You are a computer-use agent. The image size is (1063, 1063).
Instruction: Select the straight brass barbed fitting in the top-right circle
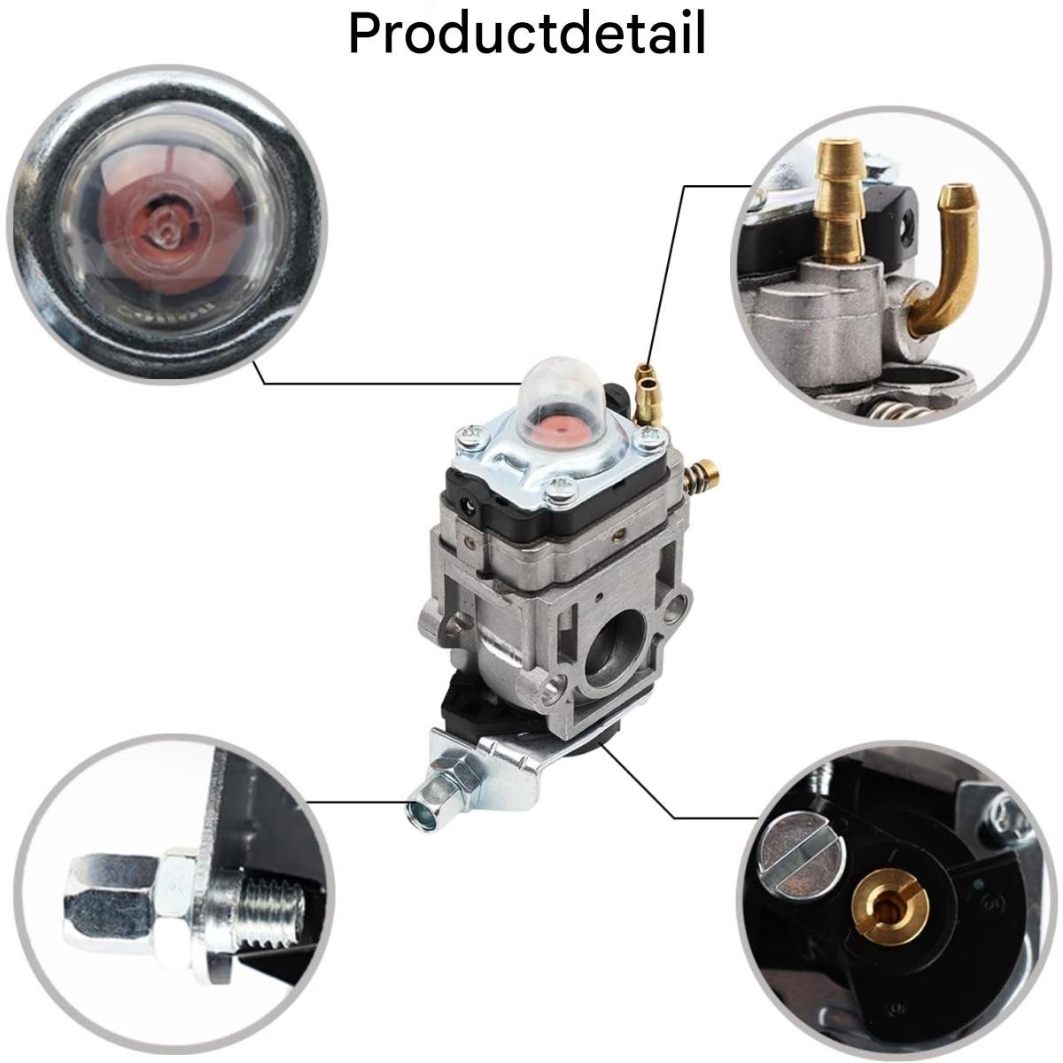pyautogui.click(x=840, y=199)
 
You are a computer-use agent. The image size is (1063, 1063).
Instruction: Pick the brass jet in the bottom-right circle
pyautogui.click(x=889, y=904)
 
